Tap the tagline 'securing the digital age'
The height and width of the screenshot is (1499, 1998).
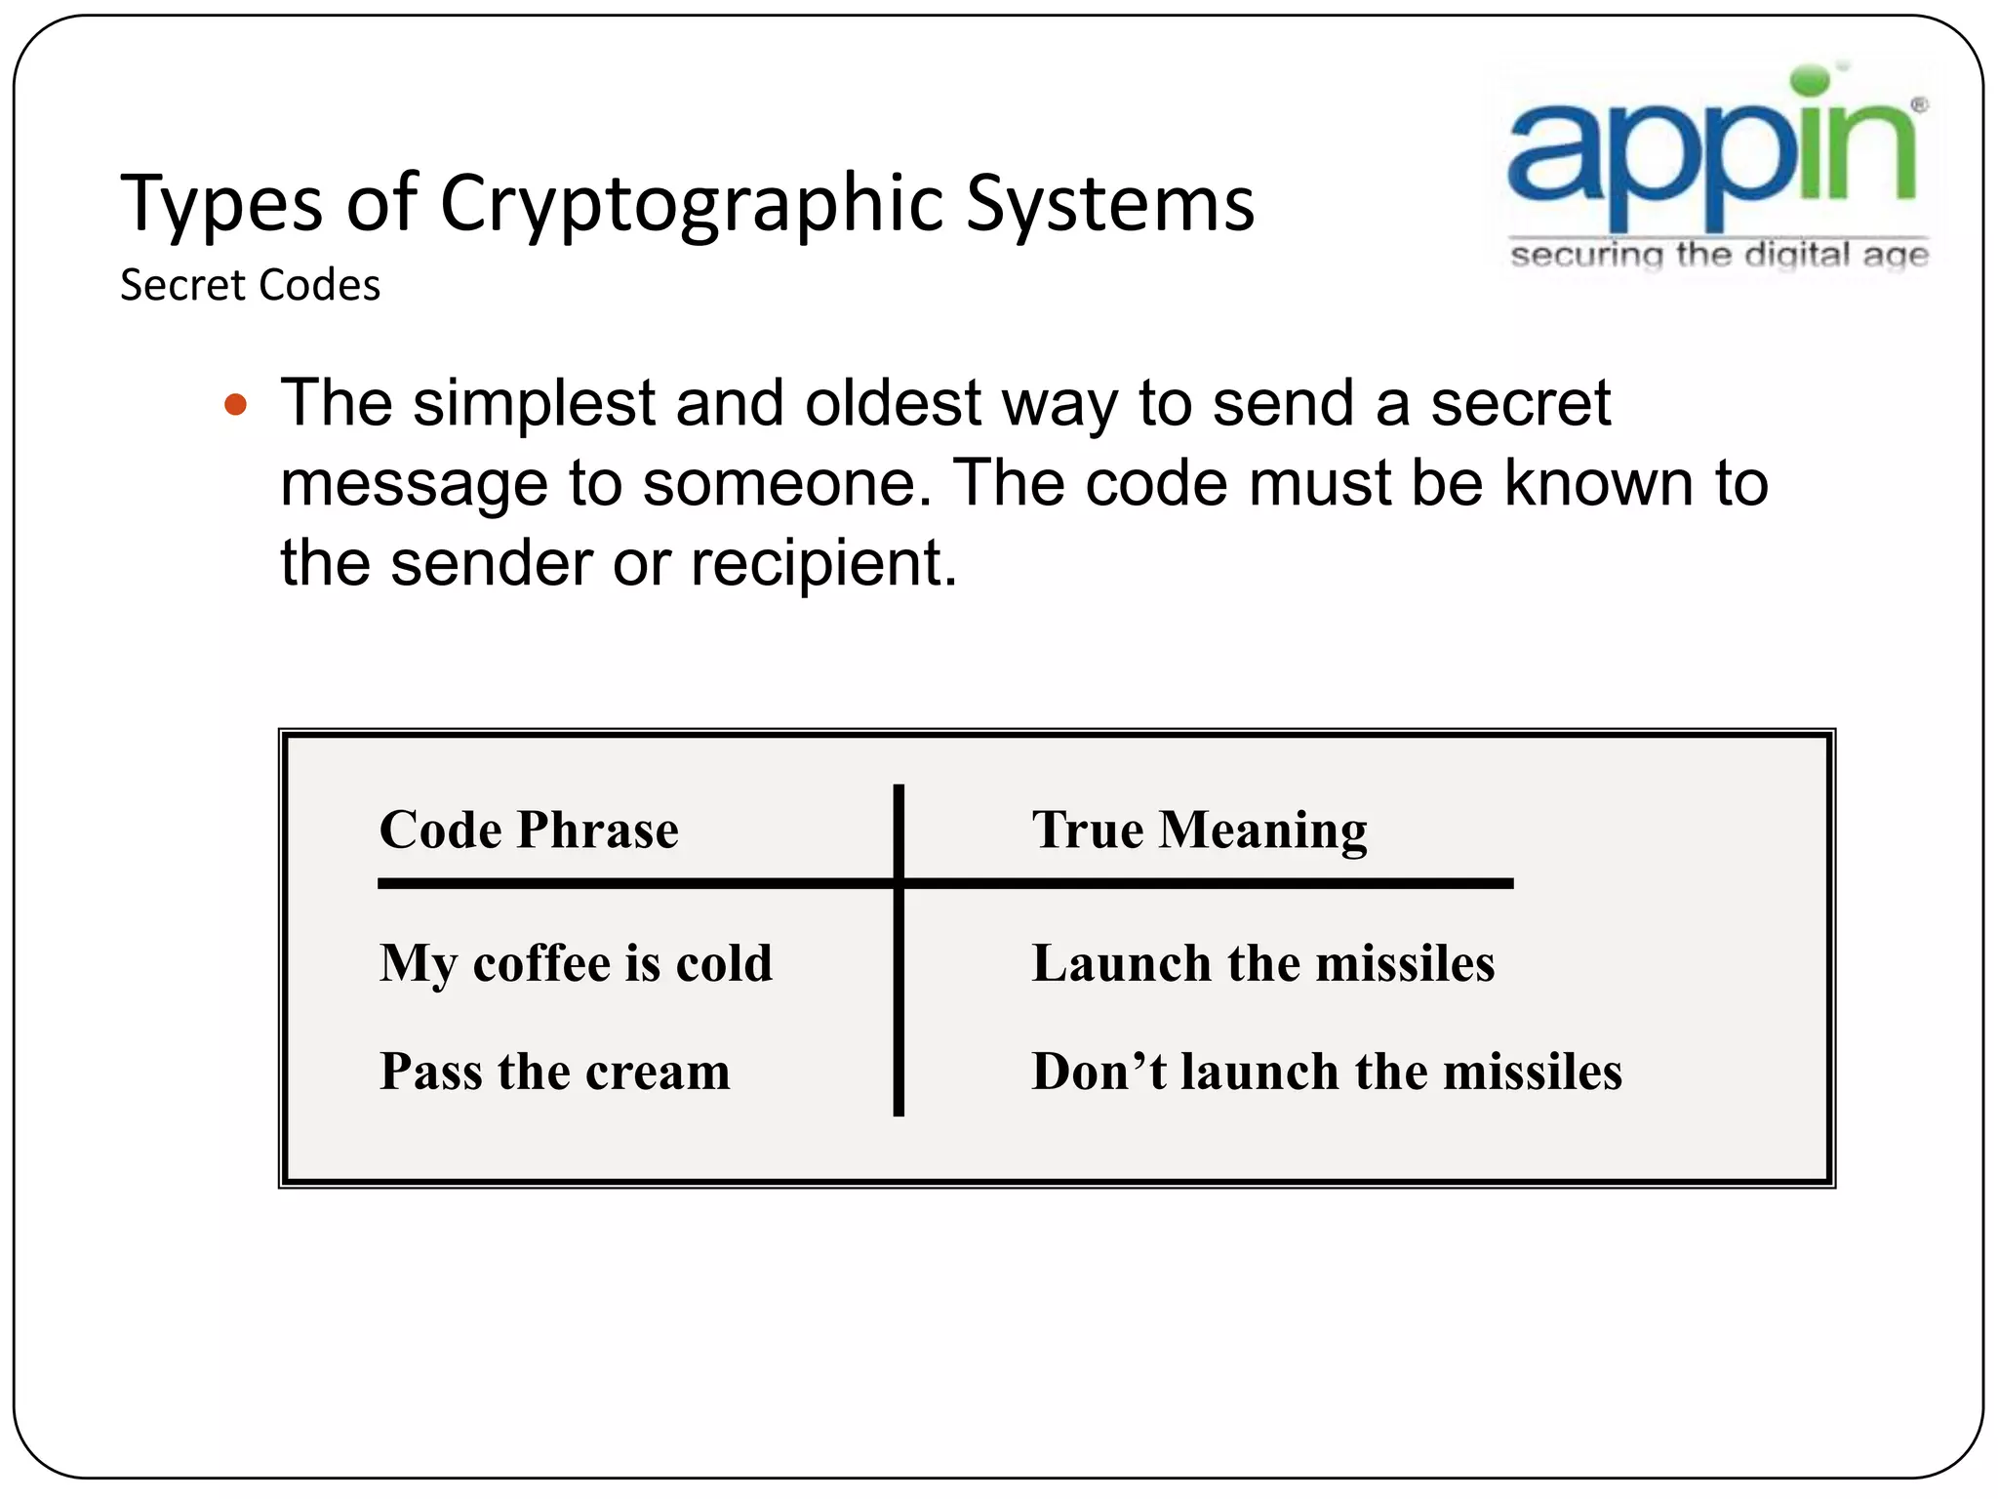coord(1719,256)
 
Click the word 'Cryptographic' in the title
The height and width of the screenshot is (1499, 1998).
coord(691,205)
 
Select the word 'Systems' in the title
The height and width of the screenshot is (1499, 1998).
coord(1109,205)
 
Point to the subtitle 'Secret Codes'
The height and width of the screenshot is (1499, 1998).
coord(250,286)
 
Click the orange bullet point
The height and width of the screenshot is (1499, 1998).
coord(235,404)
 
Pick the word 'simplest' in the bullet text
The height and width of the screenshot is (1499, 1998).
coord(535,404)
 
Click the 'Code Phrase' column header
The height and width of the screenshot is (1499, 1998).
coord(529,830)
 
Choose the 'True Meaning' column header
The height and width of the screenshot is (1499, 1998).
coord(1199,831)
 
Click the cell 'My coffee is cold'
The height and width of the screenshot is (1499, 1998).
coord(576,963)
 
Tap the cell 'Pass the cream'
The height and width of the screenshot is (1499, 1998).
coord(554,1071)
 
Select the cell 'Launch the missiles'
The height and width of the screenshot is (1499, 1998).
coord(1262,963)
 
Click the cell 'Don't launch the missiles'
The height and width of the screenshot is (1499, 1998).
coord(1327,1071)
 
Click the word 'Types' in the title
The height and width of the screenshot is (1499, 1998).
coord(221,205)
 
